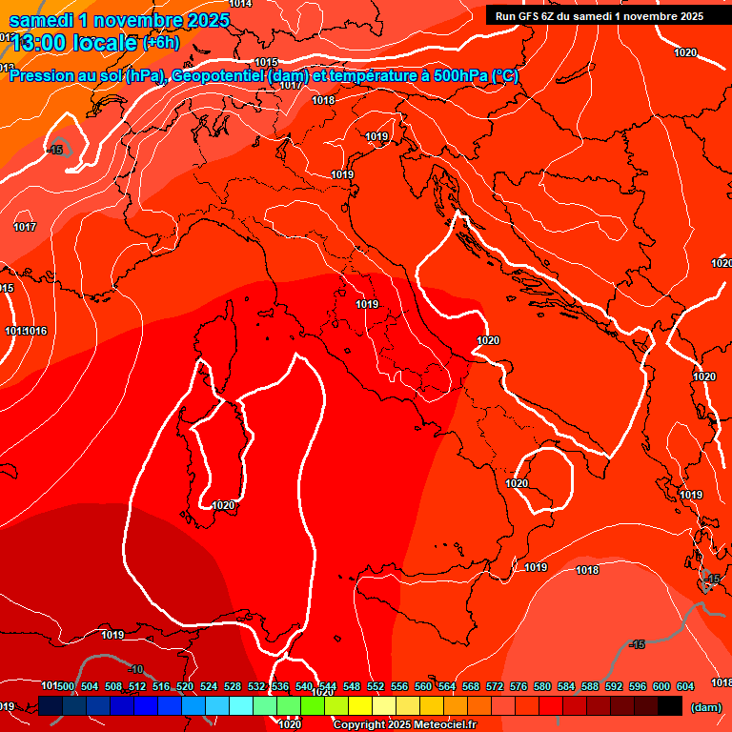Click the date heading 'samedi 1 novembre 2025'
(x=119, y=20)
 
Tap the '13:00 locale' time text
(x=74, y=43)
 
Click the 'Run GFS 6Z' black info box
(x=600, y=15)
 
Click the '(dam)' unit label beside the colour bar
(x=704, y=706)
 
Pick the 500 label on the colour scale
(x=66, y=686)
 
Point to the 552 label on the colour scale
(x=376, y=686)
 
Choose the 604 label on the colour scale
(x=685, y=686)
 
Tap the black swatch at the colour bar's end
(x=670, y=705)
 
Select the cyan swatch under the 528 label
(x=241, y=705)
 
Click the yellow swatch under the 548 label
(x=360, y=705)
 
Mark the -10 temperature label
(x=135, y=669)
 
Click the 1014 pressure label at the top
(x=241, y=4)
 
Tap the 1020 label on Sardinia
(x=224, y=505)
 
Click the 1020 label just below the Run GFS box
(x=684, y=52)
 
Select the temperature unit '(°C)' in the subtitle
(x=505, y=76)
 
